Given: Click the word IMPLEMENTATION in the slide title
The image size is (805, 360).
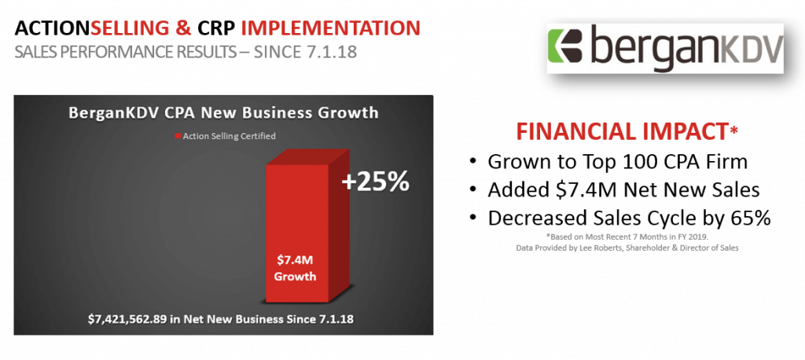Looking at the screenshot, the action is pos(331,28).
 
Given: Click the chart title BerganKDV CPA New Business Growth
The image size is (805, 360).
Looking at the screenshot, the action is pos(223,112).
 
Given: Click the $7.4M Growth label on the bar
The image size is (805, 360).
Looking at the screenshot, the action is pos(295,267).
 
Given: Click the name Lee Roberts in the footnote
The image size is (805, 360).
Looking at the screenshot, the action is pos(590,248).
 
